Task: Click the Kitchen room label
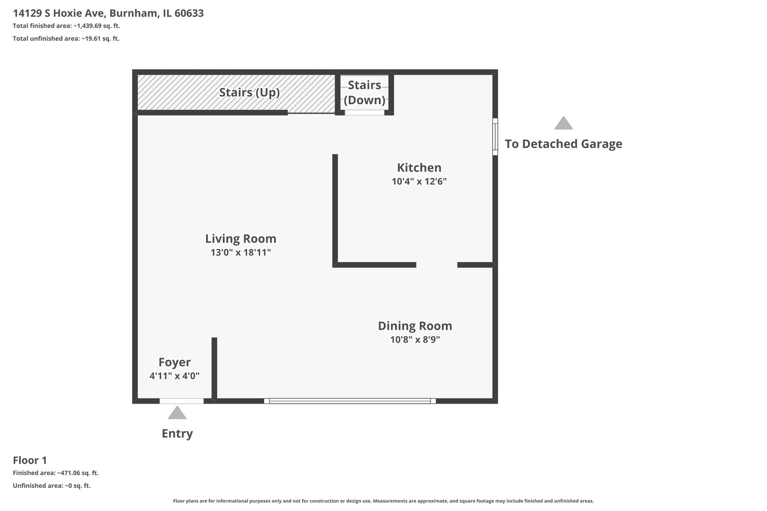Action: pos(419,167)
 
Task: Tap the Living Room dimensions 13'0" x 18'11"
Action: pos(241,253)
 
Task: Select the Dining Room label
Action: pos(415,326)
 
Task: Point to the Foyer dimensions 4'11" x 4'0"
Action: pos(174,376)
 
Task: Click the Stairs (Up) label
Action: pos(249,92)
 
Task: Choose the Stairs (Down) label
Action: pos(365,92)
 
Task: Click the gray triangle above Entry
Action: pos(177,413)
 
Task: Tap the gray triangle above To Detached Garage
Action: pos(563,123)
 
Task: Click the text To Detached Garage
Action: pos(563,144)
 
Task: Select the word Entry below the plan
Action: pos(177,433)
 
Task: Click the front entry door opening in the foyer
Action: pos(181,401)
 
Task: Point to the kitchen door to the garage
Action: pos(495,136)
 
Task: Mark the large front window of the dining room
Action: pos(350,401)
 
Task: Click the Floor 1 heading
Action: pos(30,460)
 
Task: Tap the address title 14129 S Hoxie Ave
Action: pos(108,13)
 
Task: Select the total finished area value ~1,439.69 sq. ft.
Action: pos(97,26)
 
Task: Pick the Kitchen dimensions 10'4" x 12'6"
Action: pos(419,181)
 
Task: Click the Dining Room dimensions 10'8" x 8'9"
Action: pos(415,340)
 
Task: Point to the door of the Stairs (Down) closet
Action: pos(364,113)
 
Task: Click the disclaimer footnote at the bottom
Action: pos(383,501)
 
